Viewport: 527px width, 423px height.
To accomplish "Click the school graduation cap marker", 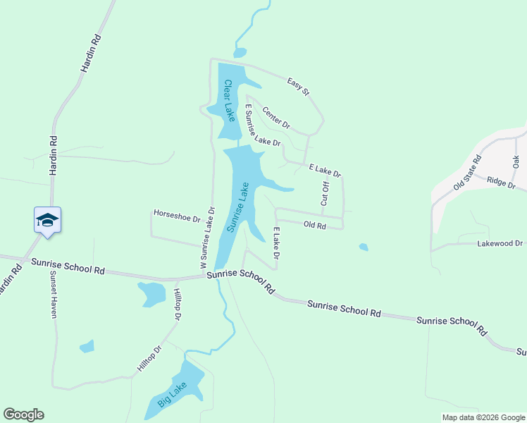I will pos(47,219).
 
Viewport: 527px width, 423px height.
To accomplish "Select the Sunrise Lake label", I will pos(238,207).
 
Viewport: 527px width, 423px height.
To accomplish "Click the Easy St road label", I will pos(298,87).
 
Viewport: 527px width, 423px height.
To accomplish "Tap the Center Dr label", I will pos(275,117).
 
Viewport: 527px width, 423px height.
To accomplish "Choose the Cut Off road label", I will pos(325,193).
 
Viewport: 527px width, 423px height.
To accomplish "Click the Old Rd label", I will pos(314,226).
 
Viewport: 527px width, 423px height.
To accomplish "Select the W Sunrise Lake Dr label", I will pos(206,237).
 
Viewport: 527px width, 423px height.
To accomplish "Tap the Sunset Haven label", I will pos(53,295).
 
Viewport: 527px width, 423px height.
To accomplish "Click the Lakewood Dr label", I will pos(500,243).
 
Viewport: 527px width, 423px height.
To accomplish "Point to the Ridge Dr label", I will pos(501,183).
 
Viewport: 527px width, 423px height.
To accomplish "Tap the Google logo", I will pos(23,415).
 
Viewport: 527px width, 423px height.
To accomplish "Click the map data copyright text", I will pos(483,417).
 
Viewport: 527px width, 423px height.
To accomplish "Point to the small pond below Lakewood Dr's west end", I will pos(363,247).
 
